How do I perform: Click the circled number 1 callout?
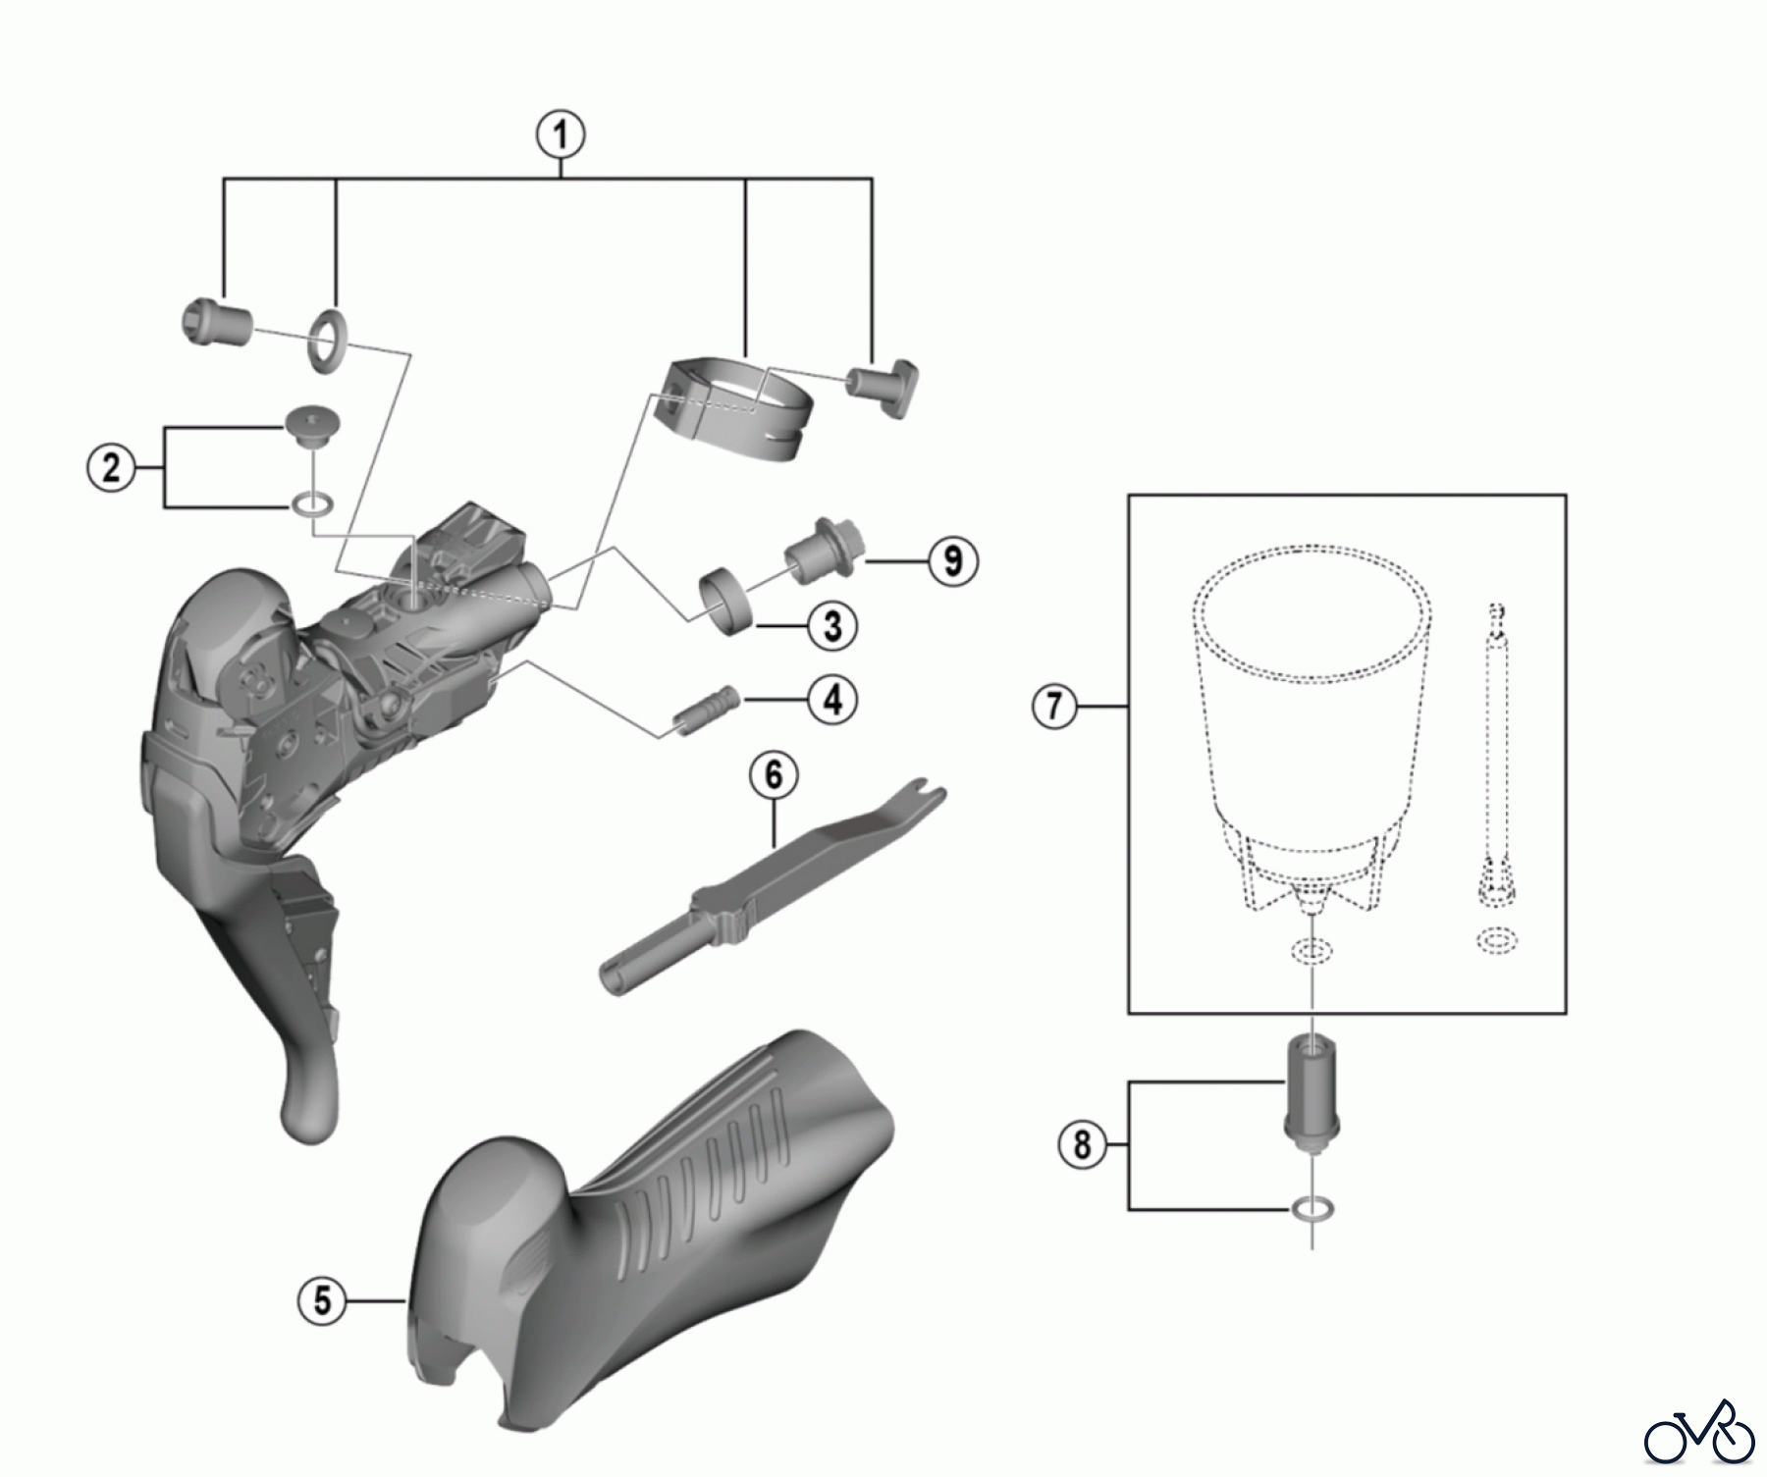[562, 134]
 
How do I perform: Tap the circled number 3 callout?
[832, 625]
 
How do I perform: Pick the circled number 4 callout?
[832, 700]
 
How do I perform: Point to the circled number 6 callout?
[774, 775]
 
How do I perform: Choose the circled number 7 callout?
[1055, 706]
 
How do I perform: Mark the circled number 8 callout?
[1082, 1144]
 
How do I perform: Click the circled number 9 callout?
[952, 560]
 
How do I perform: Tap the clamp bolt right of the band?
[883, 387]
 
